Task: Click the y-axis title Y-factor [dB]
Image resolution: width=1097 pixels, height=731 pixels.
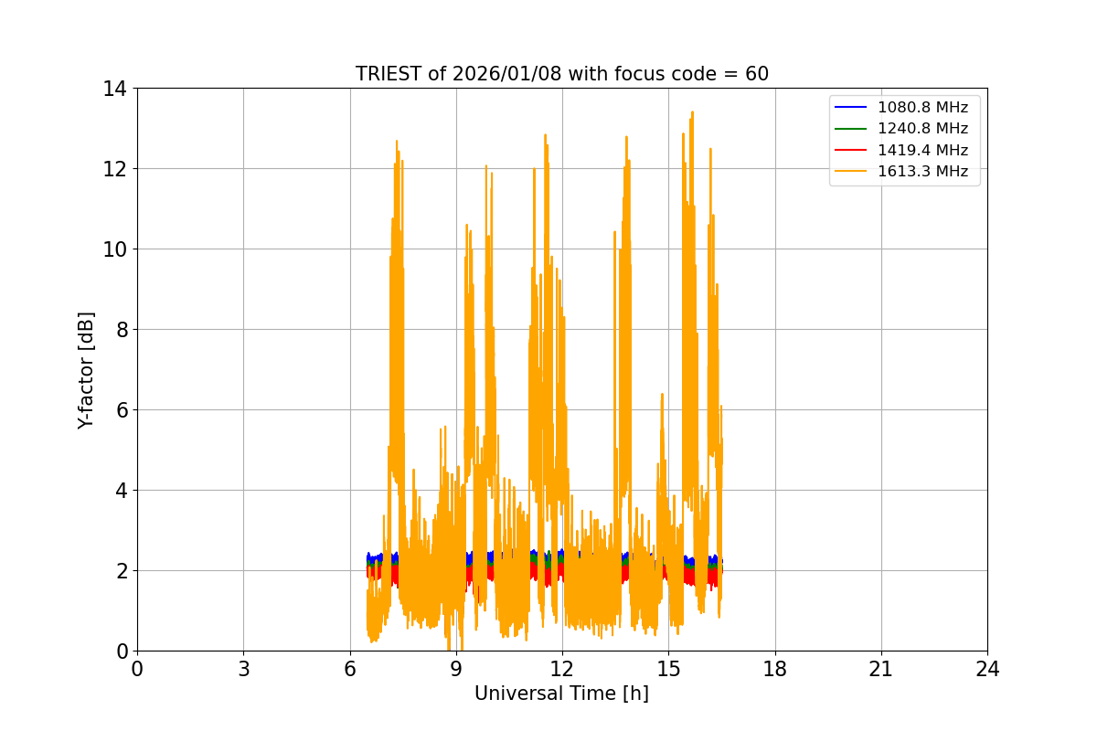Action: (x=86, y=369)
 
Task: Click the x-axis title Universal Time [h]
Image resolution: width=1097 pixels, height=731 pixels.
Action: (x=561, y=694)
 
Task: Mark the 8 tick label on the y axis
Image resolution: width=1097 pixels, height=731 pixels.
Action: (x=120, y=329)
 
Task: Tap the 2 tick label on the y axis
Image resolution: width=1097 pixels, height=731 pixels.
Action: (x=120, y=570)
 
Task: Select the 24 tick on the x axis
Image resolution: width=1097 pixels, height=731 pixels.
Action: (x=987, y=669)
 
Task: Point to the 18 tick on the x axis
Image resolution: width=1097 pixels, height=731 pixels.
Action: (x=775, y=669)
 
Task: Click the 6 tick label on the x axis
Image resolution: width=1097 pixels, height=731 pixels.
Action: (x=350, y=669)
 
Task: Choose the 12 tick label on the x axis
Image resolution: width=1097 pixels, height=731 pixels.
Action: (x=562, y=669)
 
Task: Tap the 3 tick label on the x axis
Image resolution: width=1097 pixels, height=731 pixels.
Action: (x=243, y=669)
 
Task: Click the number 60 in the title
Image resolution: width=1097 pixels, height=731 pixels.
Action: (x=756, y=74)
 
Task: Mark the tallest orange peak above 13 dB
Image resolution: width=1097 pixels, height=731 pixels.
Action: (x=693, y=112)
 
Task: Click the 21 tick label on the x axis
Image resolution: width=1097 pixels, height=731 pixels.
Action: (x=881, y=669)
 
